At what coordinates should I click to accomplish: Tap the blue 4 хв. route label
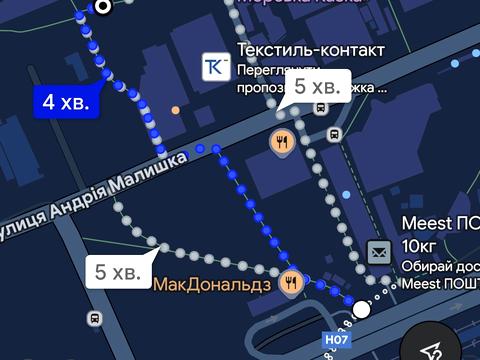pos(66,101)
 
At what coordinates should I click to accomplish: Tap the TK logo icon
pos(215,67)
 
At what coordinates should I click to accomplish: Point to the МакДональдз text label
pos(212,285)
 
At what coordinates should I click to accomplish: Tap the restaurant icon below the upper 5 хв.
pos(283,142)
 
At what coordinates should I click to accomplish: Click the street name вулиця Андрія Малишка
pos(95,196)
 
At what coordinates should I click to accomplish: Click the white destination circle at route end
pos(362,310)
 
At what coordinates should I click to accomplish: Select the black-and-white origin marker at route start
pos(103,7)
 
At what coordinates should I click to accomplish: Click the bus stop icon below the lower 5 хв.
pos(95,319)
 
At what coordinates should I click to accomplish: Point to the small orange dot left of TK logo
pos(176,109)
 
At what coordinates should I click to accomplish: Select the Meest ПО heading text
pos(440,223)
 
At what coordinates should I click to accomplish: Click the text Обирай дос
pos(440,266)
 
